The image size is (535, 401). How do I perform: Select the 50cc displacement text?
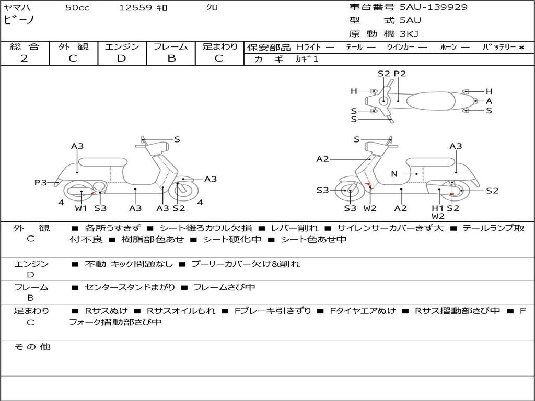(x=77, y=8)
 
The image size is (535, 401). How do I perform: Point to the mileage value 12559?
(x=135, y=8)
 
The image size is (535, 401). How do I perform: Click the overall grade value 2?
(x=24, y=58)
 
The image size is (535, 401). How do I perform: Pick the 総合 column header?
(x=25, y=47)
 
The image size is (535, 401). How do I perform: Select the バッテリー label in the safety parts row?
(x=499, y=48)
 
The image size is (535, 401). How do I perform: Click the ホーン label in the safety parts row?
(x=449, y=48)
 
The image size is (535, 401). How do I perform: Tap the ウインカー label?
(x=400, y=48)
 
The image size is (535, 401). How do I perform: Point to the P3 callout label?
(x=41, y=183)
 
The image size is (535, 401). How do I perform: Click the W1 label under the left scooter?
(x=81, y=208)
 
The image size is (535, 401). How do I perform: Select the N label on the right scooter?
(x=394, y=174)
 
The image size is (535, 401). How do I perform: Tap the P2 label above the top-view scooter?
(x=400, y=74)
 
